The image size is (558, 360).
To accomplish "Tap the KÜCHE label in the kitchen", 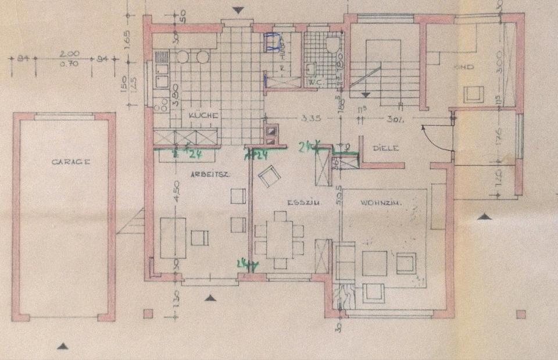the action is tap(203, 116).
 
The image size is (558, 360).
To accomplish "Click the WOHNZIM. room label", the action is tap(378, 202).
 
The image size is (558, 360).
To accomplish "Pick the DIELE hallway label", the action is tap(386, 148).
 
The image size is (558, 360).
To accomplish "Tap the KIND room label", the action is tap(466, 67).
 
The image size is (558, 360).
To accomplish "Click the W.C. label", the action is tap(316, 82).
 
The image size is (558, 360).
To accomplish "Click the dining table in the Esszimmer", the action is tap(279, 238).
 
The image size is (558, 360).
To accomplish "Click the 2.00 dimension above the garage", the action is tap(73, 53).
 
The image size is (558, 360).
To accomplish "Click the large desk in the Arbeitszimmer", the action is tap(173, 237).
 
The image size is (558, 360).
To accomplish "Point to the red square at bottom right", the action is tap(520, 314).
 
